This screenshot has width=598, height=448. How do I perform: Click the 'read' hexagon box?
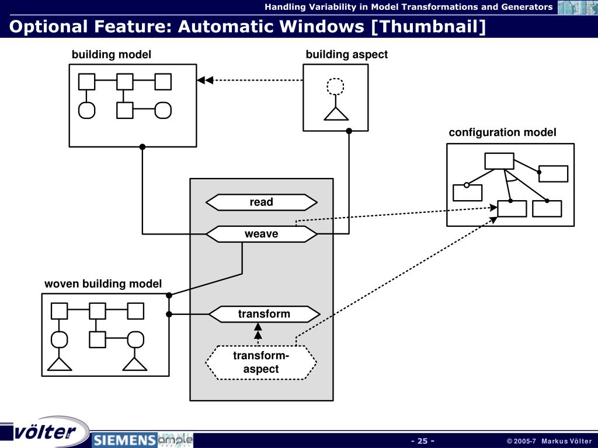click(261, 202)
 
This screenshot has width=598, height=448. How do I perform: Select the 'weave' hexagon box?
click(261, 234)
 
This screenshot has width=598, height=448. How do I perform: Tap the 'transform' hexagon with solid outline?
click(265, 314)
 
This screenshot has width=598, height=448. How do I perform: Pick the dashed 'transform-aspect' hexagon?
click(261, 362)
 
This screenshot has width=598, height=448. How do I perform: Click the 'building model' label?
click(112, 54)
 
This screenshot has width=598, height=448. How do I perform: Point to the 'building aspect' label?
click(347, 54)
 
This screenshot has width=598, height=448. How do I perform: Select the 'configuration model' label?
click(502, 132)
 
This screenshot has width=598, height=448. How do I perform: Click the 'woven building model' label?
click(103, 284)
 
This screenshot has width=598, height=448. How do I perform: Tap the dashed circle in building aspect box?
click(335, 86)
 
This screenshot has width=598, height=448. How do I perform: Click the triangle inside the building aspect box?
click(336, 114)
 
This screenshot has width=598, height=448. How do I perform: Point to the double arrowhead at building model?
click(205, 80)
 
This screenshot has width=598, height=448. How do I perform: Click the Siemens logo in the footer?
click(124, 440)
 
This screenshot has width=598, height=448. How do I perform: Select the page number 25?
click(423, 441)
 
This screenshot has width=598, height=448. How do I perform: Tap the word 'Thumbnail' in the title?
click(429, 26)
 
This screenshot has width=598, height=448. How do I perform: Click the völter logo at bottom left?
click(44, 432)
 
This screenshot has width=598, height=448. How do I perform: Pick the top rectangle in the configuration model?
click(499, 161)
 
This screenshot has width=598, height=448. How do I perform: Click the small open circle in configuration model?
click(467, 185)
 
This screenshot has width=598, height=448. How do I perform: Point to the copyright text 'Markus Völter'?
click(566, 441)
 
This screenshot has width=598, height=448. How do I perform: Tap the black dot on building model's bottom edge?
click(142, 146)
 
